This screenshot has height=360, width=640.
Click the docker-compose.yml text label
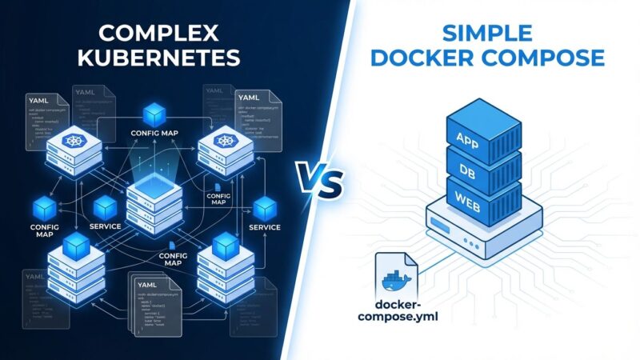click(406, 311)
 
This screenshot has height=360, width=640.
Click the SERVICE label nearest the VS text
click(265, 227)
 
